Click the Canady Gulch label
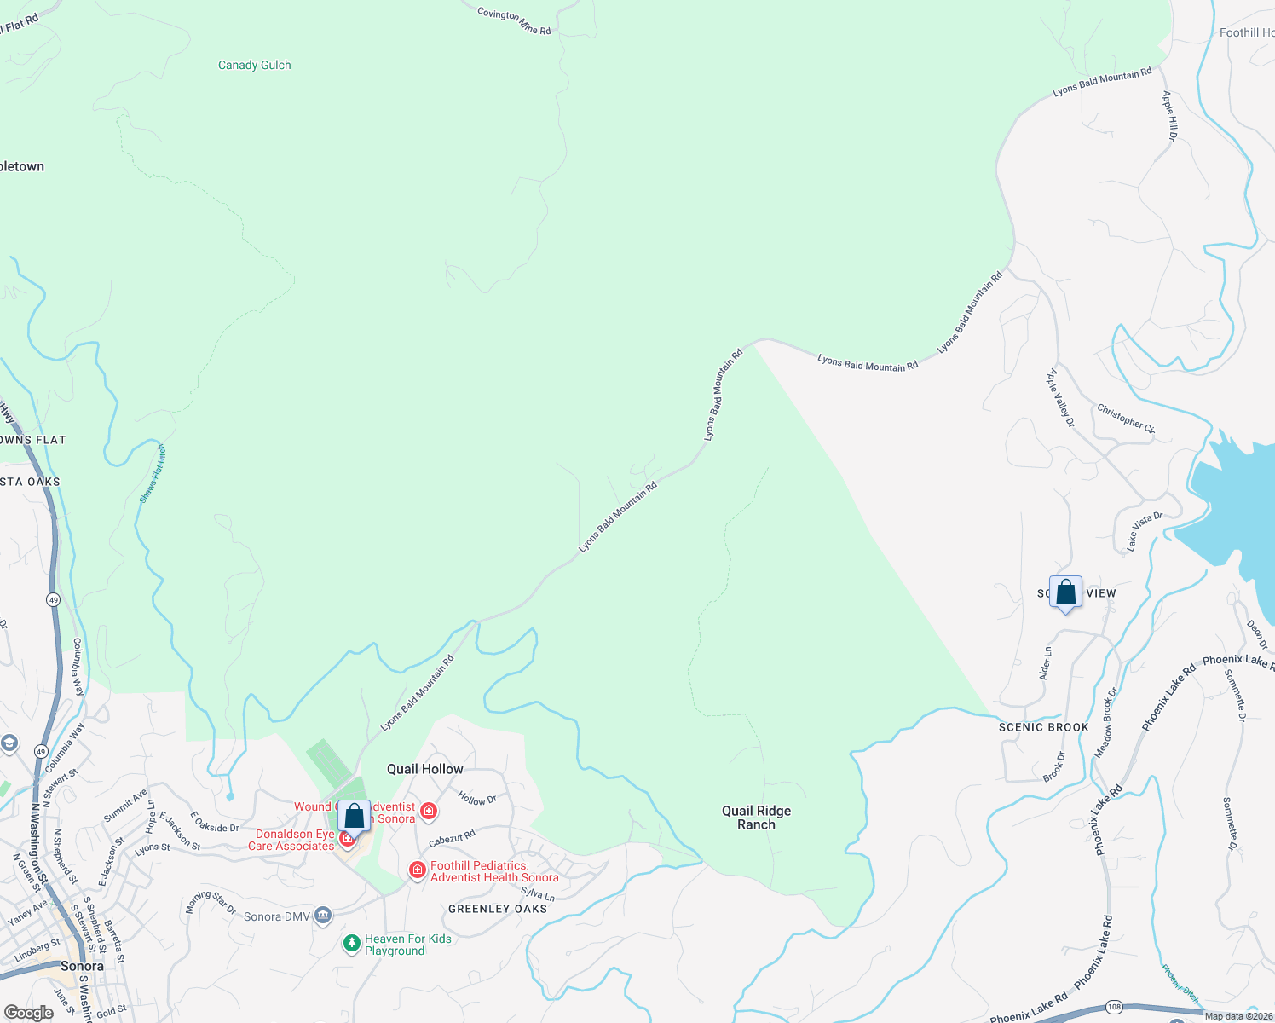pos(254,65)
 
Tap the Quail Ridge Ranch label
pos(756,818)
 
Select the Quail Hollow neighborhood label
pos(424,769)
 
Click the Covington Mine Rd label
pos(514,20)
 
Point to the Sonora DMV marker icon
pos(323,916)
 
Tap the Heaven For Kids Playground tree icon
pos(351,944)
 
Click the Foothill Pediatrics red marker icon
pos(417,870)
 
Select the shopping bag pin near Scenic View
pos(1065,593)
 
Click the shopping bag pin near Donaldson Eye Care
pos(354,817)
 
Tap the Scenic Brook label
pos(1043,727)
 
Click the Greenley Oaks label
pos(498,909)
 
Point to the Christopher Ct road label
pos(1125,419)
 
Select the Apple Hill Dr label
pos(1170,116)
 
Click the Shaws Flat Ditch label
pos(153,474)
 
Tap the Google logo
pos(28,1013)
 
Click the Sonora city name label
pos(82,966)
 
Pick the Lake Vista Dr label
pos(1144,529)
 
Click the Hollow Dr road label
pos(477,799)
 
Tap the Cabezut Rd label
pos(452,839)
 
